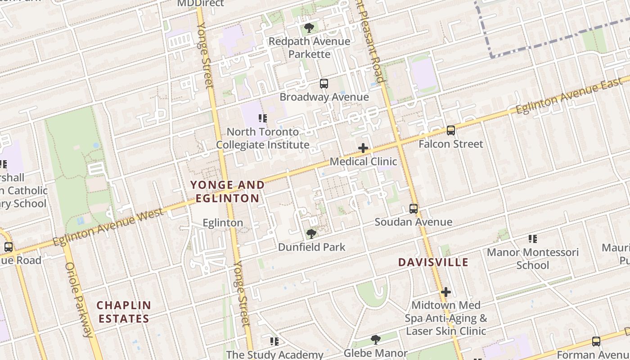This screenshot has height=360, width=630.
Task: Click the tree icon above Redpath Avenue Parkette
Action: [309, 28]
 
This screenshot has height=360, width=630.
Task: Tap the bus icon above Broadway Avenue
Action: [324, 84]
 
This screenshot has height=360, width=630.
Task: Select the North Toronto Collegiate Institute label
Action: [263, 138]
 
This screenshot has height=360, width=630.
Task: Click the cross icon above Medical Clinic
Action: [363, 148]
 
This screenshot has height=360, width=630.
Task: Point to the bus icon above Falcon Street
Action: [450, 130]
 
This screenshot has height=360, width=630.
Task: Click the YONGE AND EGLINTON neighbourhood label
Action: [227, 192]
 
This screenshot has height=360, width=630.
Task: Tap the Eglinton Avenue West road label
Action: [108, 227]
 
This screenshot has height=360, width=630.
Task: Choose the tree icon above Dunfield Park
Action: [311, 234]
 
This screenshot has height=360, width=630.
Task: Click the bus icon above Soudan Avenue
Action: [413, 209]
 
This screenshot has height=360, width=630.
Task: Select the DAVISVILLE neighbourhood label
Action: [433, 262]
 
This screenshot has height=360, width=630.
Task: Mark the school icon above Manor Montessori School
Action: [533, 239]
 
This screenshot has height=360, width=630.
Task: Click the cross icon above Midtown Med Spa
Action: [445, 292]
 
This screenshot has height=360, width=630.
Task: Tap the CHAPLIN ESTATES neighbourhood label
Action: [124, 312]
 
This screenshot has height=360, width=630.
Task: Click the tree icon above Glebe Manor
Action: [375, 340]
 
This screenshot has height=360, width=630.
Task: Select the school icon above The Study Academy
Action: [274, 342]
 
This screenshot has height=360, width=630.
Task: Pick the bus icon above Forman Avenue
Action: [596, 342]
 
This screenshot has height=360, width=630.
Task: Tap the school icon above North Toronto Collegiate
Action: [263, 118]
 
